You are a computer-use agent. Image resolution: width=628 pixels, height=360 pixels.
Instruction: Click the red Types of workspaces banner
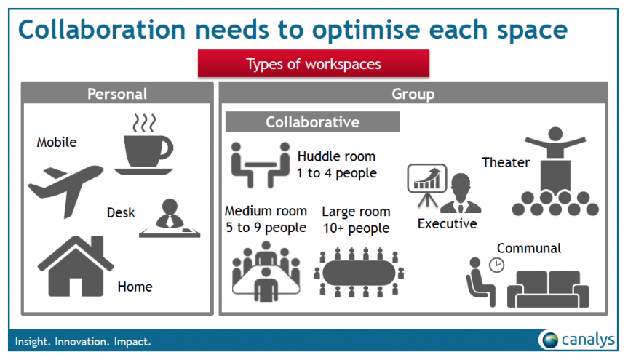pyautogui.click(x=313, y=63)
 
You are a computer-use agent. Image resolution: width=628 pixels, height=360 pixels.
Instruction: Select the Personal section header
pyautogui.click(x=117, y=93)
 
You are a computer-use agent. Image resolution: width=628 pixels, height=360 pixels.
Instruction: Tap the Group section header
pyautogui.click(x=413, y=93)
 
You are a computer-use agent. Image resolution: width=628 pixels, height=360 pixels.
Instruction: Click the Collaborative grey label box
pyautogui.click(x=312, y=121)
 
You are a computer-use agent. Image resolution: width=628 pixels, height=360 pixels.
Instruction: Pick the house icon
pyautogui.click(x=75, y=266)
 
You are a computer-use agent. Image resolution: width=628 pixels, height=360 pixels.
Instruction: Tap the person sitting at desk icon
pyautogui.click(x=170, y=218)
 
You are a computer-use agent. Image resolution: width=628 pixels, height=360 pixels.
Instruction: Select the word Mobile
pyautogui.click(x=57, y=142)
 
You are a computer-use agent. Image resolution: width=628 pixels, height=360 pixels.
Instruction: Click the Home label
pyautogui.click(x=135, y=287)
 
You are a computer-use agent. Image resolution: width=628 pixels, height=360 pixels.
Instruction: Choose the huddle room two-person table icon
pyautogui.click(x=261, y=164)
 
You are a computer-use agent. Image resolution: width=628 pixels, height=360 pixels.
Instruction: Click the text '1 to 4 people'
pyautogui.click(x=336, y=173)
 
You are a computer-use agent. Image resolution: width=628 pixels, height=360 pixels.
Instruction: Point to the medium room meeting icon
pyautogui.click(x=266, y=271)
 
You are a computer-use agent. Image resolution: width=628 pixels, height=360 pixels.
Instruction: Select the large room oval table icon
pyautogui.click(x=359, y=273)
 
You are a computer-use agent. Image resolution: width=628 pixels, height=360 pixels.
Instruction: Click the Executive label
pyautogui.click(x=447, y=223)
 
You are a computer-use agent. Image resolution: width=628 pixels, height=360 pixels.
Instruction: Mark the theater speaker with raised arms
pyautogui.click(x=555, y=159)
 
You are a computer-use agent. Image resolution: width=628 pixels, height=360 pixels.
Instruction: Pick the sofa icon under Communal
pyautogui.click(x=548, y=289)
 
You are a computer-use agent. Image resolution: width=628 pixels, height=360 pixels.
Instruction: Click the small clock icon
pyautogui.click(x=496, y=265)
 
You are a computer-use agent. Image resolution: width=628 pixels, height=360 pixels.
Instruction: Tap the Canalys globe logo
pyautogui.click(x=550, y=340)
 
